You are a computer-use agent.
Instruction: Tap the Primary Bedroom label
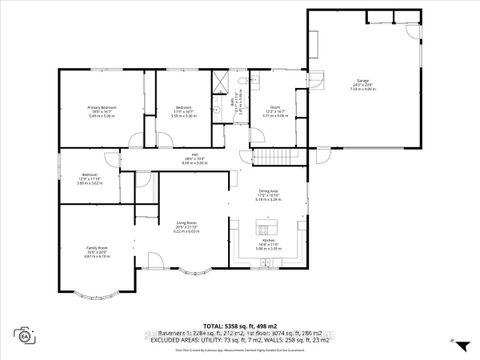pyautogui.click(x=101, y=109)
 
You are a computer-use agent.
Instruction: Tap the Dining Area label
pyautogui.click(x=268, y=193)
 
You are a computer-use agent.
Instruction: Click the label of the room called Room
pyautogui.click(x=274, y=110)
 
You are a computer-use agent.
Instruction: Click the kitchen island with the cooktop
pyautogui.click(x=269, y=225)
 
